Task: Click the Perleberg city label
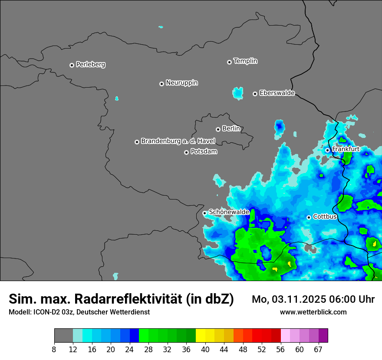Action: [x=90, y=65]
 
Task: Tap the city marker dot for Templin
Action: [x=229, y=62]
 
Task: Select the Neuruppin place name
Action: [x=181, y=83]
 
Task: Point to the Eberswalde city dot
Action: [x=255, y=94]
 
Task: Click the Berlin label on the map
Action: [x=231, y=129]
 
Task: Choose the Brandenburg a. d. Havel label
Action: [x=178, y=141]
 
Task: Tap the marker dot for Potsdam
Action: [x=186, y=152]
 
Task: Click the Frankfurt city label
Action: [x=346, y=149]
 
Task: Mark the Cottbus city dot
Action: [x=309, y=217]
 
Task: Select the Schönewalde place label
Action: [x=229, y=212]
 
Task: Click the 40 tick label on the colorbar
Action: [x=205, y=349]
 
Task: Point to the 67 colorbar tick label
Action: [x=319, y=349]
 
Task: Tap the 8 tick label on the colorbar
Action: [x=54, y=349]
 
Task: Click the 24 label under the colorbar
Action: [x=130, y=349]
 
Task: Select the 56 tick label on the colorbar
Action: [x=281, y=349]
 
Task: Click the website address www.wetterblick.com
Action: [x=313, y=312]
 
